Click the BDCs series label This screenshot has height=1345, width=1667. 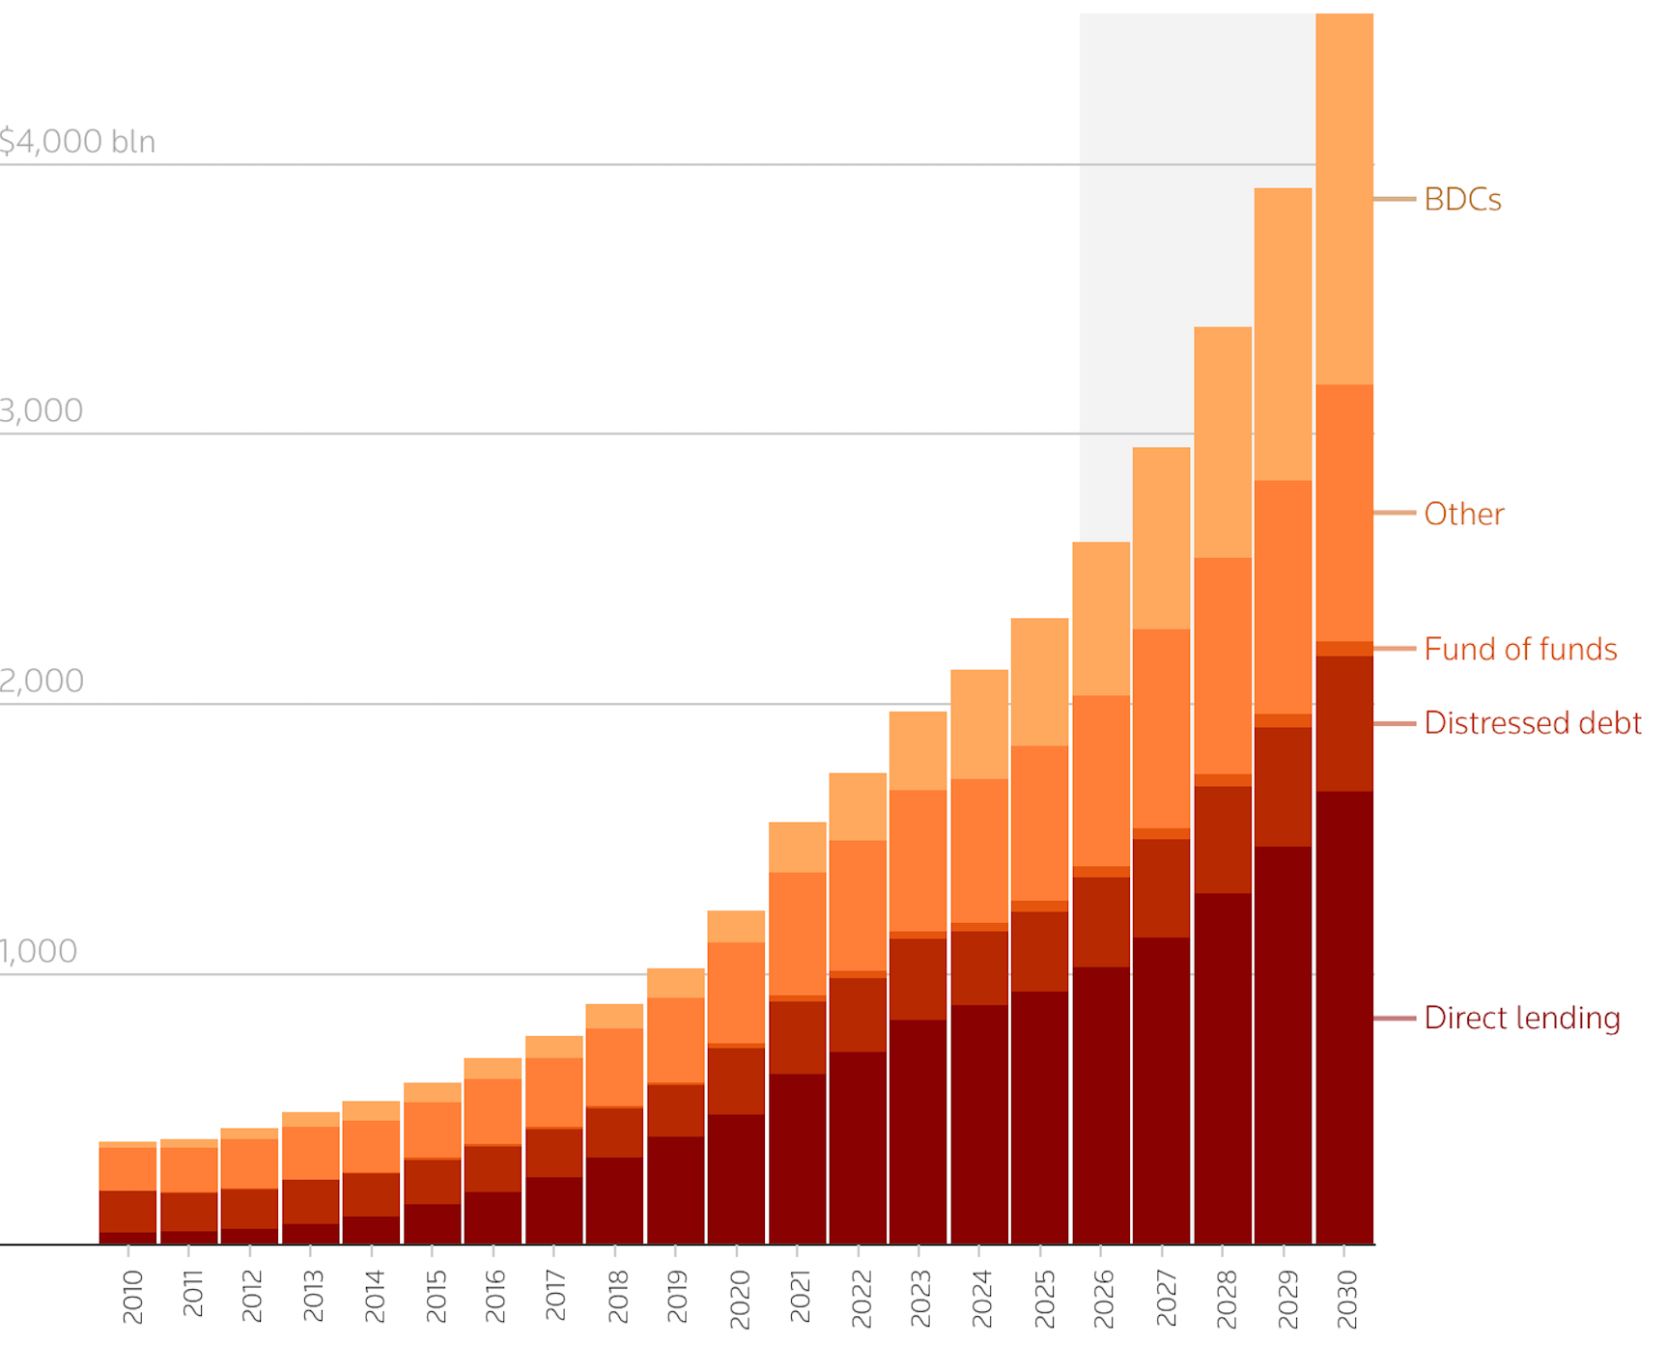pyautogui.click(x=1461, y=200)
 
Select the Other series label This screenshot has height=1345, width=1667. pyautogui.click(x=1463, y=514)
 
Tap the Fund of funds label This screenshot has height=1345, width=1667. pyautogui.click(x=1519, y=649)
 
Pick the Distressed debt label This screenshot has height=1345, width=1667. pyautogui.click(x=1532, y=723)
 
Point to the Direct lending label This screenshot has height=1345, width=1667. pyautogui.click(x=1521, y=1018)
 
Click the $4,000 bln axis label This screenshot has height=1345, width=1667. pyautogui.click(x=77, y=142)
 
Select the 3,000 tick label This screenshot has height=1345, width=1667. pyautogui.click(x=42, y=411)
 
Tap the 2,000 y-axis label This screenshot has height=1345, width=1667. pyautogui.click(x=42, y=682)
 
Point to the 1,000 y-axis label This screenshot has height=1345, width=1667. pyautogui.click(x=39, y=952)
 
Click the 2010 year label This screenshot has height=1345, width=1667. pyautogui.click(x=132, y=1297)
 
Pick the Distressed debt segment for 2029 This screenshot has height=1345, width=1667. pyautogui.click(x=1283, y=786)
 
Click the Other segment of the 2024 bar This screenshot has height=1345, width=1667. pyautogui.click(x=978, y=850)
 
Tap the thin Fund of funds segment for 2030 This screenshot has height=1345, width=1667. pyautogui.click(x=1343, y=649)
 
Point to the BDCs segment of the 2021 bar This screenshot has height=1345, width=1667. pyautogui.click(x=797, y=847)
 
